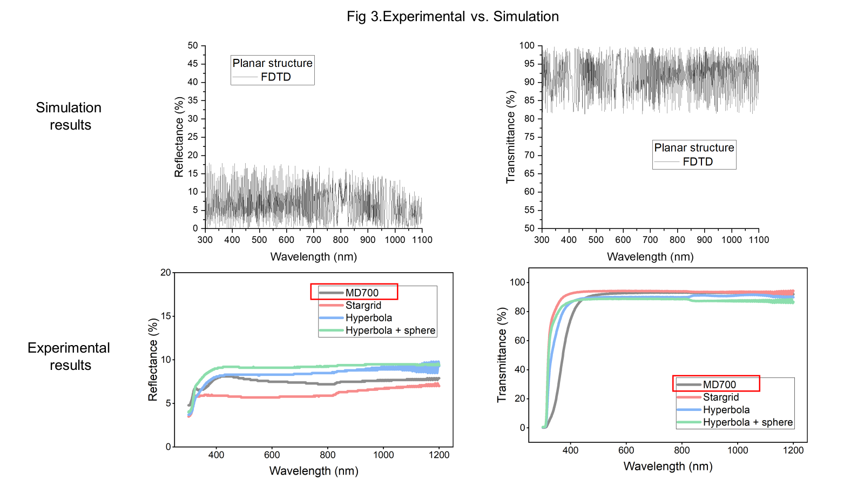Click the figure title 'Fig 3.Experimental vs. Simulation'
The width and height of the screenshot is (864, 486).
pos(453,17)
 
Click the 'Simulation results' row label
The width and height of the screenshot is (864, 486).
pos(69,116)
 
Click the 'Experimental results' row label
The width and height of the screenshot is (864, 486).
pos(69,356)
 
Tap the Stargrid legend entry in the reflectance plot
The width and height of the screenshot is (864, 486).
pos(363,306)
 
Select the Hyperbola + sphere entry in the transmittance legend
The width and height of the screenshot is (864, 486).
pos(747,422)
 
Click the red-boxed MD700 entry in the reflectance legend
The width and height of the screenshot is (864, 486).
pos(362,293)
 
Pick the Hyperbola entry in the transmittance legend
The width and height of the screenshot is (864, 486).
pos(726,410)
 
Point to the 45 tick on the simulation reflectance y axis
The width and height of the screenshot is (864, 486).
pos(193,64)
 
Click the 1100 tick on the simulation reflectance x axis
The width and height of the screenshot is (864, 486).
pos(422,240)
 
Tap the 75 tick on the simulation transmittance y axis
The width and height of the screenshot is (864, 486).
pos(529,137)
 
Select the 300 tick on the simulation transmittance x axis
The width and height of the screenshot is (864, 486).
pos(542,240)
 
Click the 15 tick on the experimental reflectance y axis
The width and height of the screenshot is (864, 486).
pos(166,316)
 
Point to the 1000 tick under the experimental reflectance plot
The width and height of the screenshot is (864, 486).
pos(383,455)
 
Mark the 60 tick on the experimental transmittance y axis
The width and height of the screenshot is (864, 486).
pos(520,340)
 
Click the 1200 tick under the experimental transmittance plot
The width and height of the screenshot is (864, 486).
pos(793,450)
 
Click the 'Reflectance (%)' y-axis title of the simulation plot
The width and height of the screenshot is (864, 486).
pos(179,137)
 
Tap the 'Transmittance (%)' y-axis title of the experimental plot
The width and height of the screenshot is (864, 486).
pos(502,355)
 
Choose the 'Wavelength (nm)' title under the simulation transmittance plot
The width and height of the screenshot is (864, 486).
pos(650,257)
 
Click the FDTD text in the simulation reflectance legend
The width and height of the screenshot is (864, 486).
pos(275,77)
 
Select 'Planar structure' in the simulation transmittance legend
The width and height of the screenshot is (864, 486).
pos(694,148)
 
